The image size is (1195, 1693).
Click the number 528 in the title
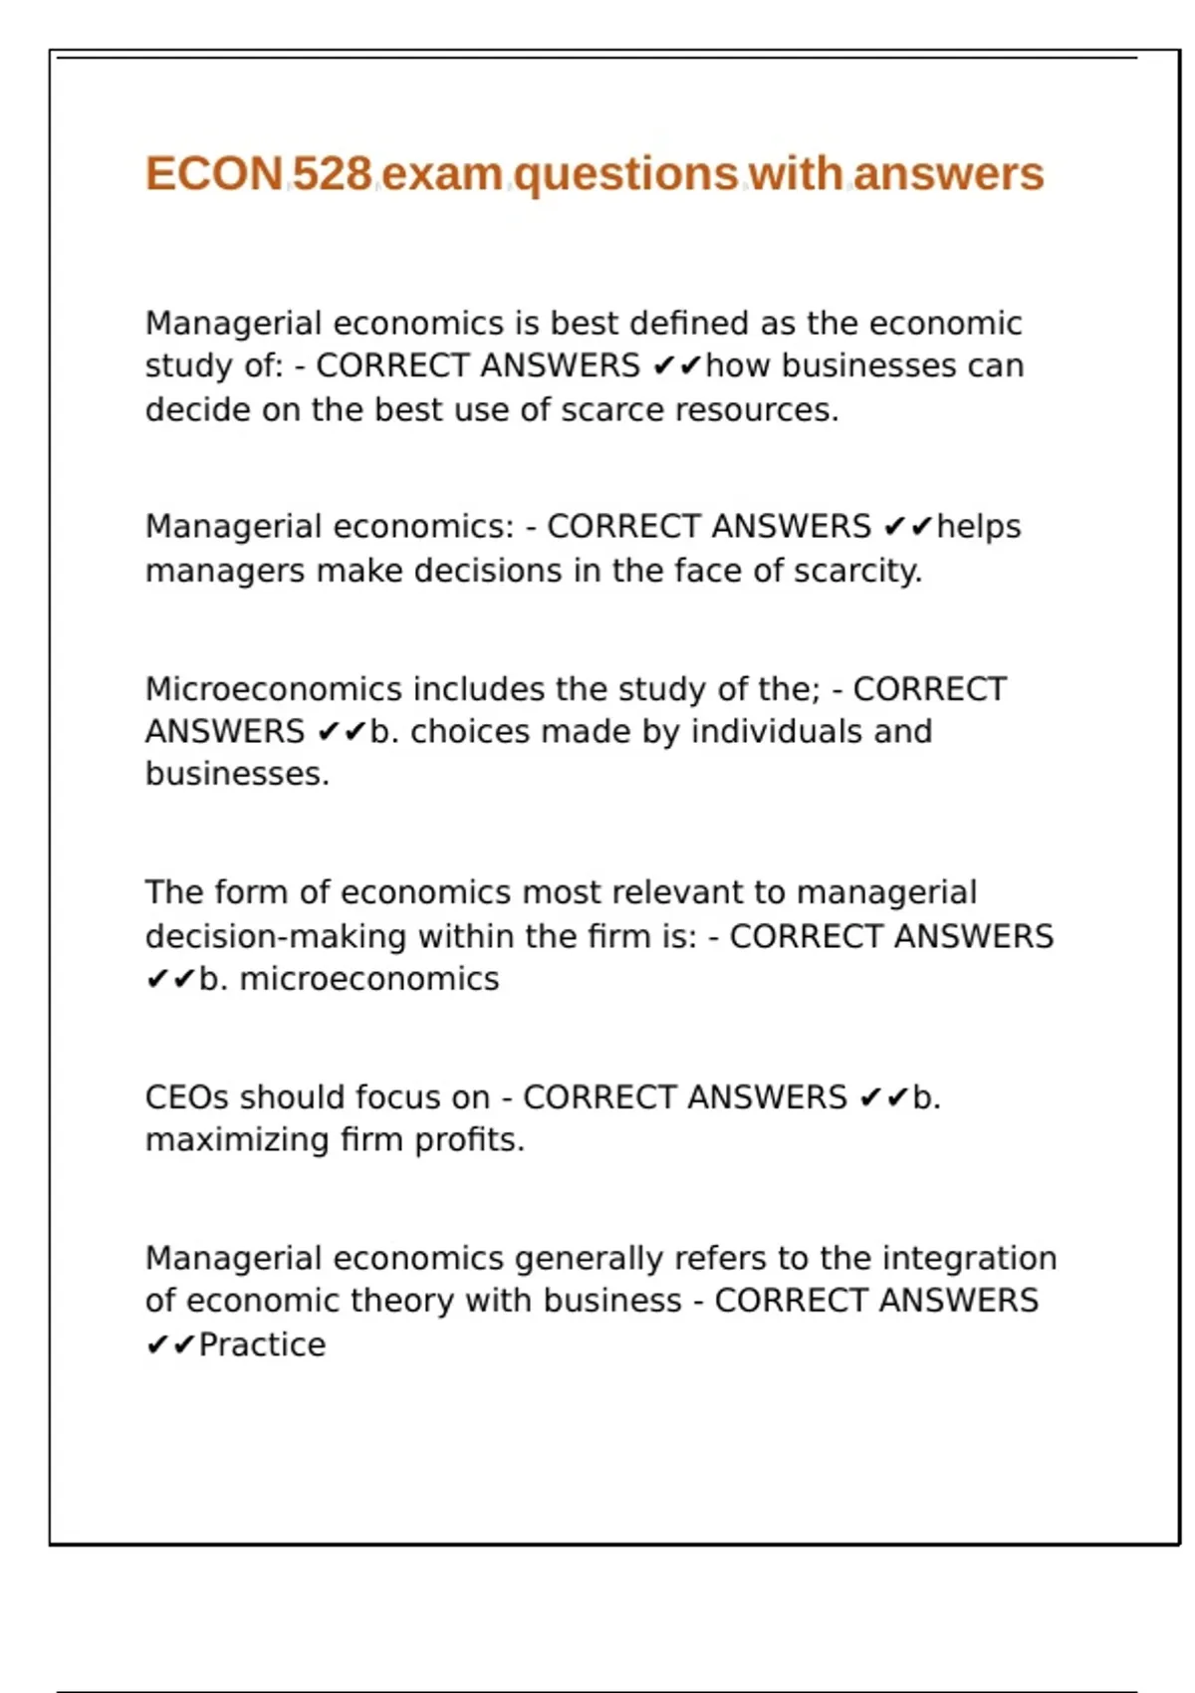[x=332, y=174]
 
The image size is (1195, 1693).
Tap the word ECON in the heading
[x=215, y=174]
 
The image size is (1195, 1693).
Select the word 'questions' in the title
[x=626, y=174]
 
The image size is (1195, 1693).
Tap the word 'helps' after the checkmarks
[x=979, y=526]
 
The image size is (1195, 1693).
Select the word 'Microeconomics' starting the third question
[x=274, y=688]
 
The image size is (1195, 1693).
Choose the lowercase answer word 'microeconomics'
[x=369, y=979]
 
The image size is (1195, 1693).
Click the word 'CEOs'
[x=187, y=1096]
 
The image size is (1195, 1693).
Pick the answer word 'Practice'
[x=262, y=1344]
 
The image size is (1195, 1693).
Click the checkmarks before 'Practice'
[x=170, y=1345]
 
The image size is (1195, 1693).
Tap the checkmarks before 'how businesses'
[x=678, y=366]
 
